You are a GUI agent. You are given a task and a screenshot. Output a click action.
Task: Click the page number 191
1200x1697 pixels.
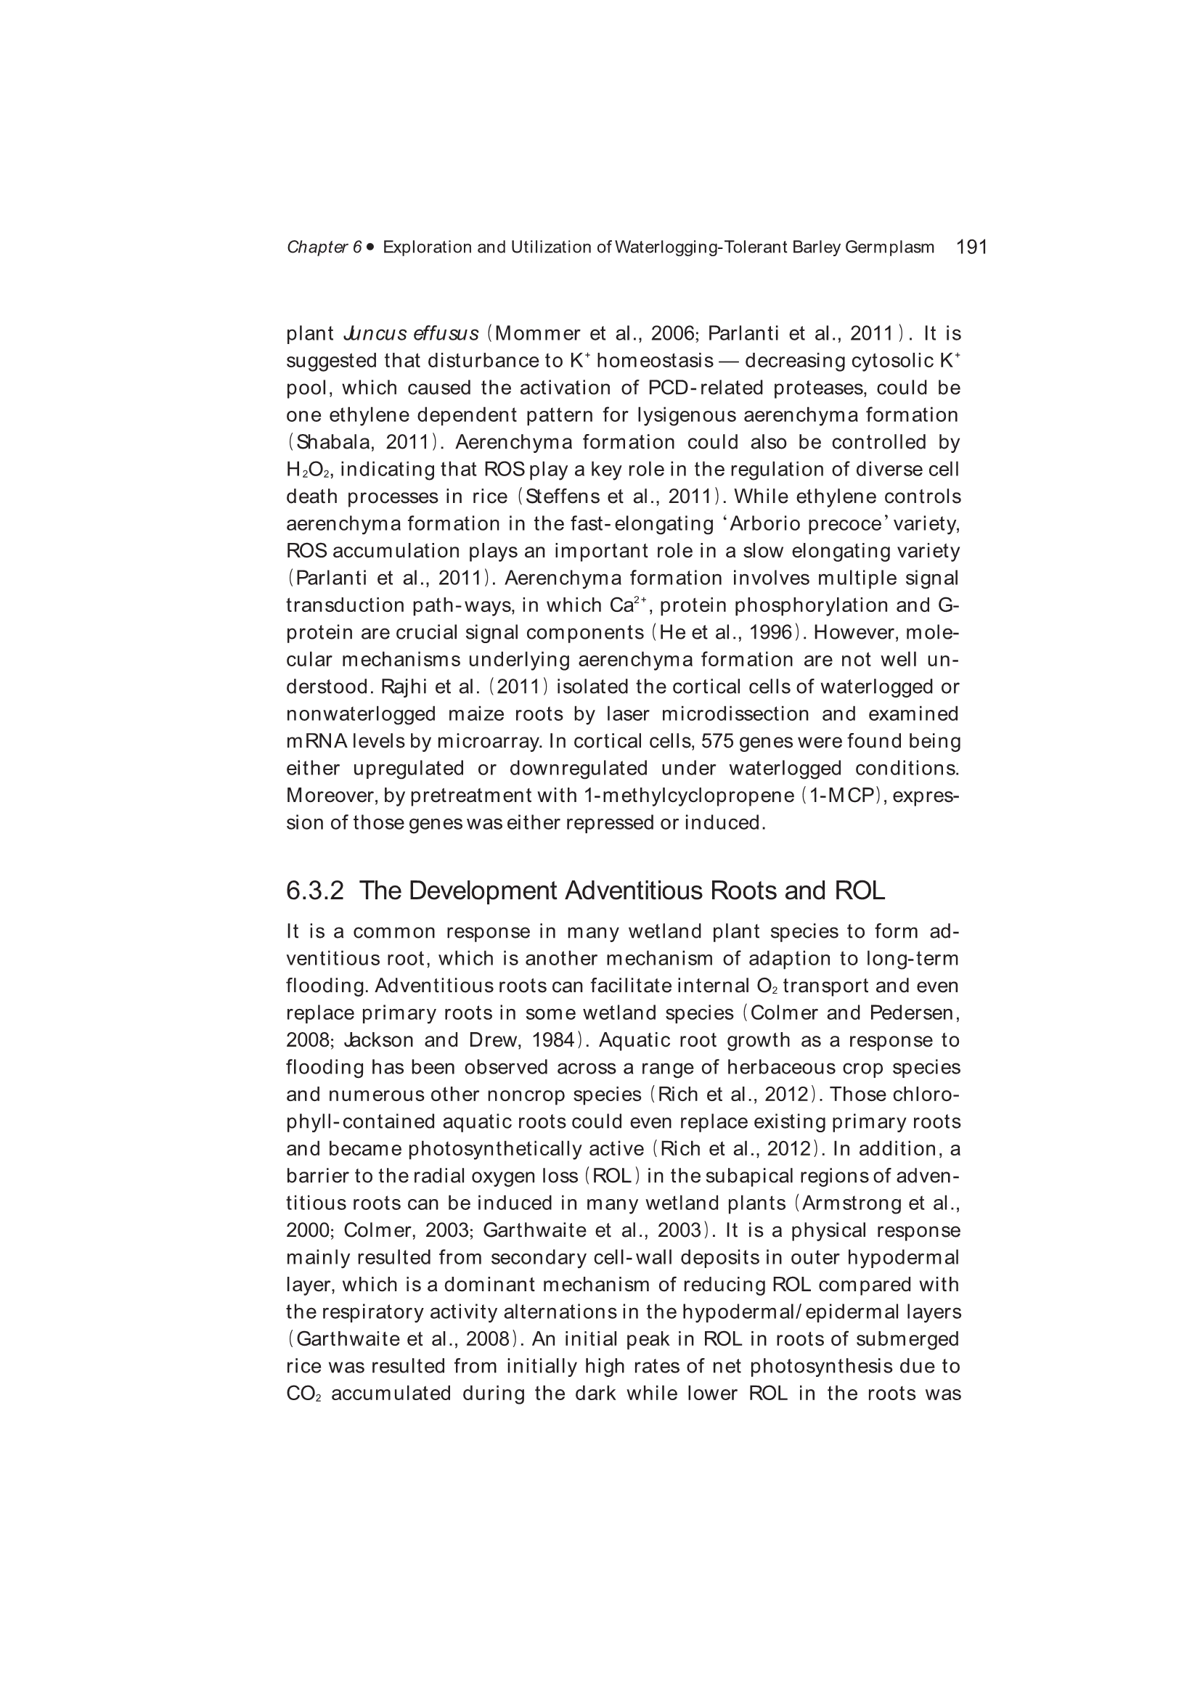pos(971,247)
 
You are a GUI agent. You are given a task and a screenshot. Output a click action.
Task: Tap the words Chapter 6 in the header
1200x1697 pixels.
pos(324,248)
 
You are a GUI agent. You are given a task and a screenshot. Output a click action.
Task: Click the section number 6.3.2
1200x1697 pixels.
pos(315,891)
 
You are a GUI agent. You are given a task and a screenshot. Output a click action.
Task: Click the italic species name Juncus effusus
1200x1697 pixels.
pos(412,333)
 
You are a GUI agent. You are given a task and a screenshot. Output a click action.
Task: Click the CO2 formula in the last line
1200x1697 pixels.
pos(303,1393)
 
